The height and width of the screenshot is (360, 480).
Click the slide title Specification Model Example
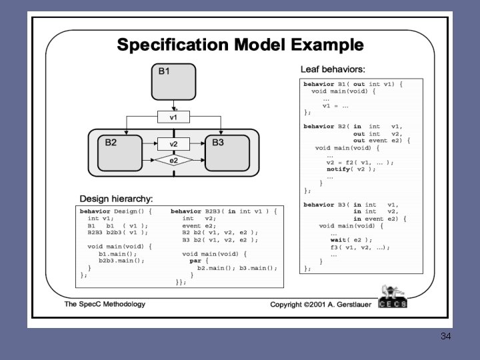point(240,45)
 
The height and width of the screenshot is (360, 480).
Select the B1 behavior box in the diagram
point(173,82)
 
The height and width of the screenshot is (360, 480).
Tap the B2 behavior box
point(120,153)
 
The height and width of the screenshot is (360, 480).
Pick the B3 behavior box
point(227,153)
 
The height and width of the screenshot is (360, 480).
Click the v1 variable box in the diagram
point(173,117)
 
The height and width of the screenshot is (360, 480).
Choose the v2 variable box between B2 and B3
point(173,143)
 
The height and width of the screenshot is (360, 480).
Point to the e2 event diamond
point(173,161)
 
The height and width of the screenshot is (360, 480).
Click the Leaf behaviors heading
point(333,69)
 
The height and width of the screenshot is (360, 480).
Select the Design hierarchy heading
point(116,199)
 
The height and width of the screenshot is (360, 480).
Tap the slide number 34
point(445,336)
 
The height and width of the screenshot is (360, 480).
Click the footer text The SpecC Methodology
point(105,304)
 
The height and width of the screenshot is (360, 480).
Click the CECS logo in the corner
point(392,297)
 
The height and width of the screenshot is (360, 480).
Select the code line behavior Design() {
point(116,211)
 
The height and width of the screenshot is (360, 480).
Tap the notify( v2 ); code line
point(351,169)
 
